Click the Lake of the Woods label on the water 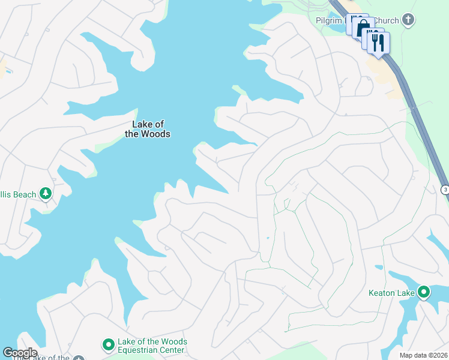[147, 129]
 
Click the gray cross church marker [408, 20]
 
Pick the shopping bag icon [363, 29]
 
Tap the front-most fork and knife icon [378, 43]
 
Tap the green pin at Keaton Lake [424, 293]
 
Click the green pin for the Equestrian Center [108, 345]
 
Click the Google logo [20, 353]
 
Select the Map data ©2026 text [423, 355]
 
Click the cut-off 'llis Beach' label [18, 194]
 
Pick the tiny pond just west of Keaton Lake [378, 267]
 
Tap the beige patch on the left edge [4, 67]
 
